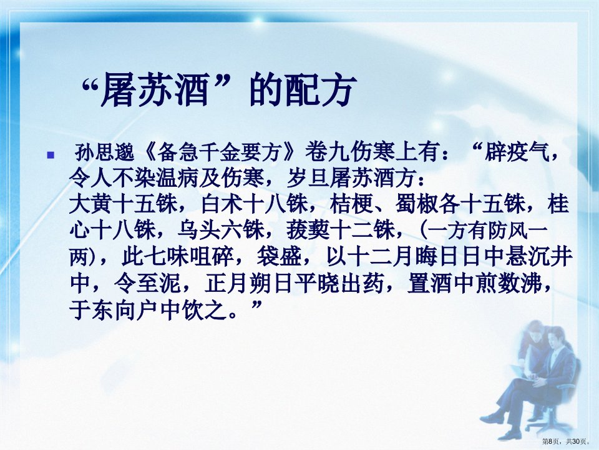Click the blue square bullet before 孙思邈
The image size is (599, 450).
[51, 156]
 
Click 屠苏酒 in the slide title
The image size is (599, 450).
[154, 90]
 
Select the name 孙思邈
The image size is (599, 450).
[104, 153]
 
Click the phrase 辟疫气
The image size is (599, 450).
[517, 153]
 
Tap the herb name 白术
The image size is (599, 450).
[223, 204]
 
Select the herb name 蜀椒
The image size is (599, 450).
[417, 204]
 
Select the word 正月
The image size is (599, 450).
[226, 283]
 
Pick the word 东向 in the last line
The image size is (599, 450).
[113, 309]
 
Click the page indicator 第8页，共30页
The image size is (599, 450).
[566, 442]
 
